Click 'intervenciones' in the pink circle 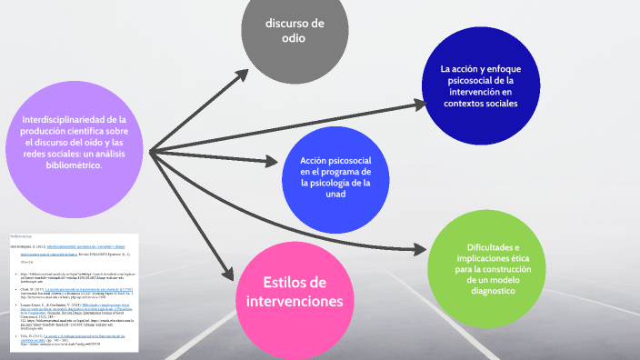click(x=294, y=301)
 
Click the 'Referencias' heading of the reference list click(x=21, y=235)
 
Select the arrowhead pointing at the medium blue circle click(x=271, y=162)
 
